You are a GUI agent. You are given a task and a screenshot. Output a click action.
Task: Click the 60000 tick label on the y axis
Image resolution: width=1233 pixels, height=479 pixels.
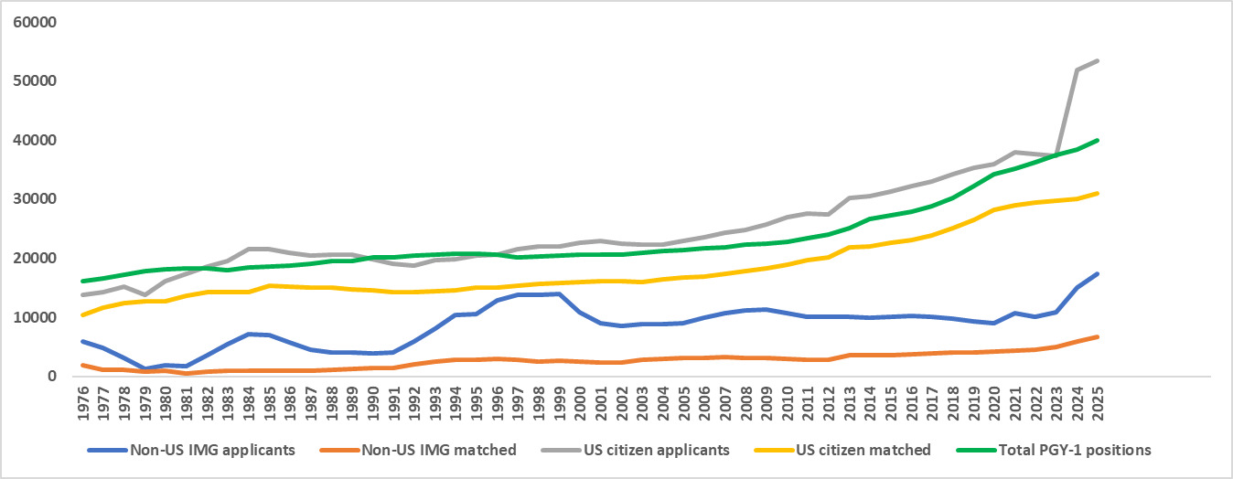pos(34,22)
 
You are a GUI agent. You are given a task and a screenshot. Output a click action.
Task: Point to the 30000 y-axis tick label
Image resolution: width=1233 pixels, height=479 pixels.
pos(34,199)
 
